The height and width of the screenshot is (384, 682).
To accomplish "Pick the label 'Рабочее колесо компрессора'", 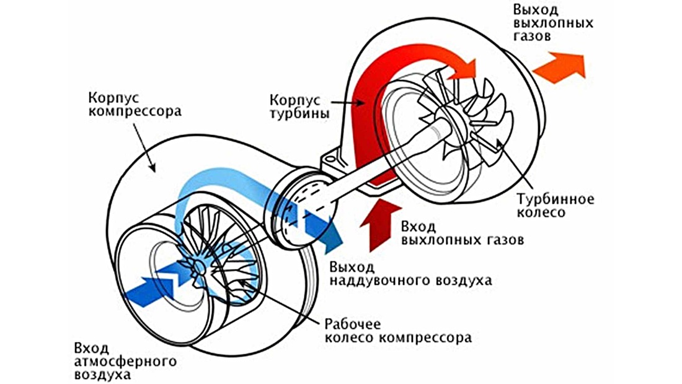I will (x=397, y=331).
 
